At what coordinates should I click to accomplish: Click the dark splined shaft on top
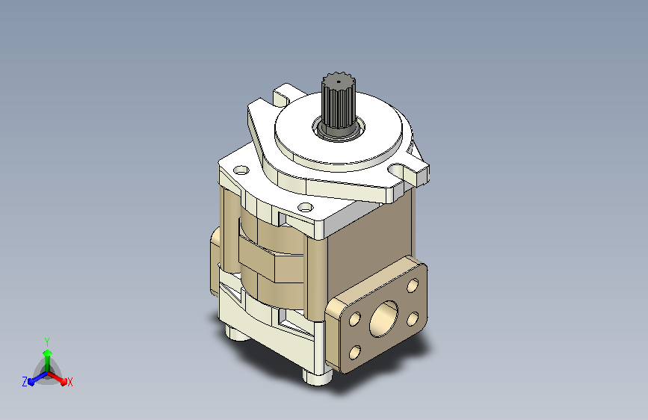coord(339,102)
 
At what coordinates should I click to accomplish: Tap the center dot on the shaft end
coord(339,81)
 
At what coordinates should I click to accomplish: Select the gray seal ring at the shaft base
coord(339,132)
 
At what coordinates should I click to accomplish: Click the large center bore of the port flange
coord(383,318)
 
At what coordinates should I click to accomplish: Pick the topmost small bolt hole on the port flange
coord(413,285)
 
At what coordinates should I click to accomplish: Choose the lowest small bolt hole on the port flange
coord(355,352)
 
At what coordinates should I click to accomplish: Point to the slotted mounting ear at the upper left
coord(286,95)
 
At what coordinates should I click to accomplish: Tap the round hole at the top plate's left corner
coord(241,170)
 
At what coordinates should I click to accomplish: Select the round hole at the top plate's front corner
coord(305,207)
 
